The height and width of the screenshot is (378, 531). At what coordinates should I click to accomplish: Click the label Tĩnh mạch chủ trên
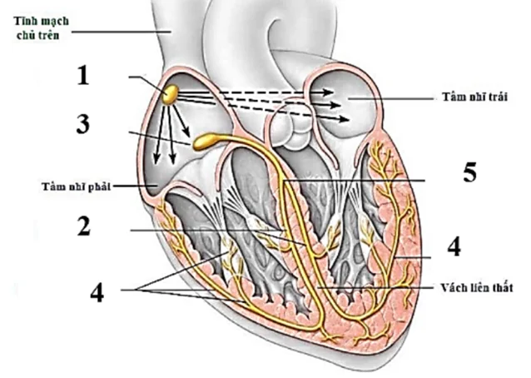41,27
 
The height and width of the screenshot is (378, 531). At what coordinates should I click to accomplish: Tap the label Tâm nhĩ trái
475,97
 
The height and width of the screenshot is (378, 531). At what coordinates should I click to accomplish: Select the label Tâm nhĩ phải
77,187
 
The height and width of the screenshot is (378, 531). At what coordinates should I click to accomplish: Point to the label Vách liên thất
477,288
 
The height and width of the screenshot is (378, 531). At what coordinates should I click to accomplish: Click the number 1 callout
83,75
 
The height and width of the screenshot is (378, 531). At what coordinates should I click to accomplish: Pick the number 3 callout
83,124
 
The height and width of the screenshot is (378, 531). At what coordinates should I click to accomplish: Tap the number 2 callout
84,226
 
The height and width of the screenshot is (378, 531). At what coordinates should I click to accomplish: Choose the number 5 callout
469,172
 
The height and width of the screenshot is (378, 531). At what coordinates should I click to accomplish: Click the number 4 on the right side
454,246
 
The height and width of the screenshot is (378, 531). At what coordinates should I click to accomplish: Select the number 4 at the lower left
97,292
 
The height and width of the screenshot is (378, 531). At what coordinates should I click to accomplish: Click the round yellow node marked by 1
170,94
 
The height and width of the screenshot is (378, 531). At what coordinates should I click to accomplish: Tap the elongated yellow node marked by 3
206,142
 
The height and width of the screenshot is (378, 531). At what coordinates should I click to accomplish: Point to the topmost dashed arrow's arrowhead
328,92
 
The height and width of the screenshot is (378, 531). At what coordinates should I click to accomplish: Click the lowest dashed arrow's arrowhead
344,119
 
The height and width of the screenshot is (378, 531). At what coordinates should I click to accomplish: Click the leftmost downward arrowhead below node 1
156,159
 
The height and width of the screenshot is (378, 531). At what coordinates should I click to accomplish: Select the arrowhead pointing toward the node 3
186,133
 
